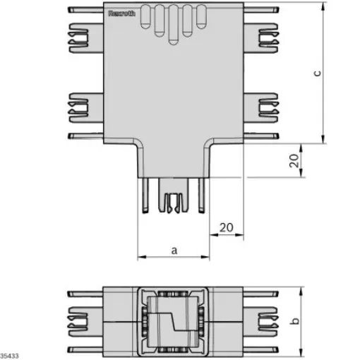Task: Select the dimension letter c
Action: pos(318,72)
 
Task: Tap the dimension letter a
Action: pos(173,249)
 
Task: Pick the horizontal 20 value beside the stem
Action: pos(226,227)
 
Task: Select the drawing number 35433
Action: pos(10,354)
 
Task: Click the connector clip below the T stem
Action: pos(173,199)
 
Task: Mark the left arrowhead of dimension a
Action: pos(140,257)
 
